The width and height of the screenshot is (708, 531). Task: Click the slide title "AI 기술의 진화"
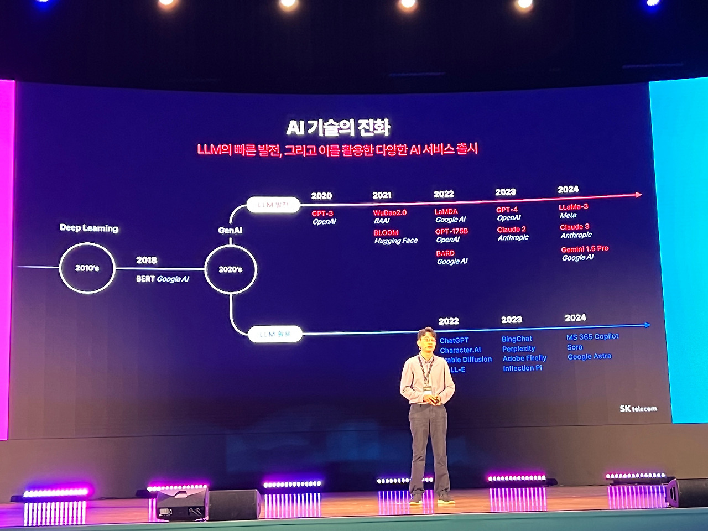tap(338, 128)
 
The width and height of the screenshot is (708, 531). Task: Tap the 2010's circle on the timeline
tap(87, 268)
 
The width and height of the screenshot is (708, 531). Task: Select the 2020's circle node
tap(231, 269)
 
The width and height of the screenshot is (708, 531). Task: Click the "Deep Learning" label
tap(88, 228)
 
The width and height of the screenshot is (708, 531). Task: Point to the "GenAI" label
tap(230, 230)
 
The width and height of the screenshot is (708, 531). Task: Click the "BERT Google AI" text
tap(162, 279)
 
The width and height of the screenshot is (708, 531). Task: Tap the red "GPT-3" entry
tap(322, 214)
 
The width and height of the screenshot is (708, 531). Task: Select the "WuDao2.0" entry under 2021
tap(390, 212)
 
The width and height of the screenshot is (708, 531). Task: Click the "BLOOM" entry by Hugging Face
tap(386, 232)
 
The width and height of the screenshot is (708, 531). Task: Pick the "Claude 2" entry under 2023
tap(512, 229)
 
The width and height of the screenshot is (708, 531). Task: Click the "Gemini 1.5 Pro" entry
tap(585, 249)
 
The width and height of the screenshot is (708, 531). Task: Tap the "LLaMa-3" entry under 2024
tap(574, 207)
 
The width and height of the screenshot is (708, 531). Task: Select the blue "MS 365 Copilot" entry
tap(592, 336)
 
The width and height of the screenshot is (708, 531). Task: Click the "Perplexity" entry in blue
tap(518, 348)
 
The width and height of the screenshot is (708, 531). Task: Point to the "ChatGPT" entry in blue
tap(454, 340)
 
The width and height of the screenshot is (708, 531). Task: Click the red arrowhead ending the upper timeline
tap(638, 195)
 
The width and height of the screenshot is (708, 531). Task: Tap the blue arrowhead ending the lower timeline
tap(647, 325)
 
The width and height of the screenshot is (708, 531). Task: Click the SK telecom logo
tap(638, 409)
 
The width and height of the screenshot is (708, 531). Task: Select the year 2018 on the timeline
tap(147, 260)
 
